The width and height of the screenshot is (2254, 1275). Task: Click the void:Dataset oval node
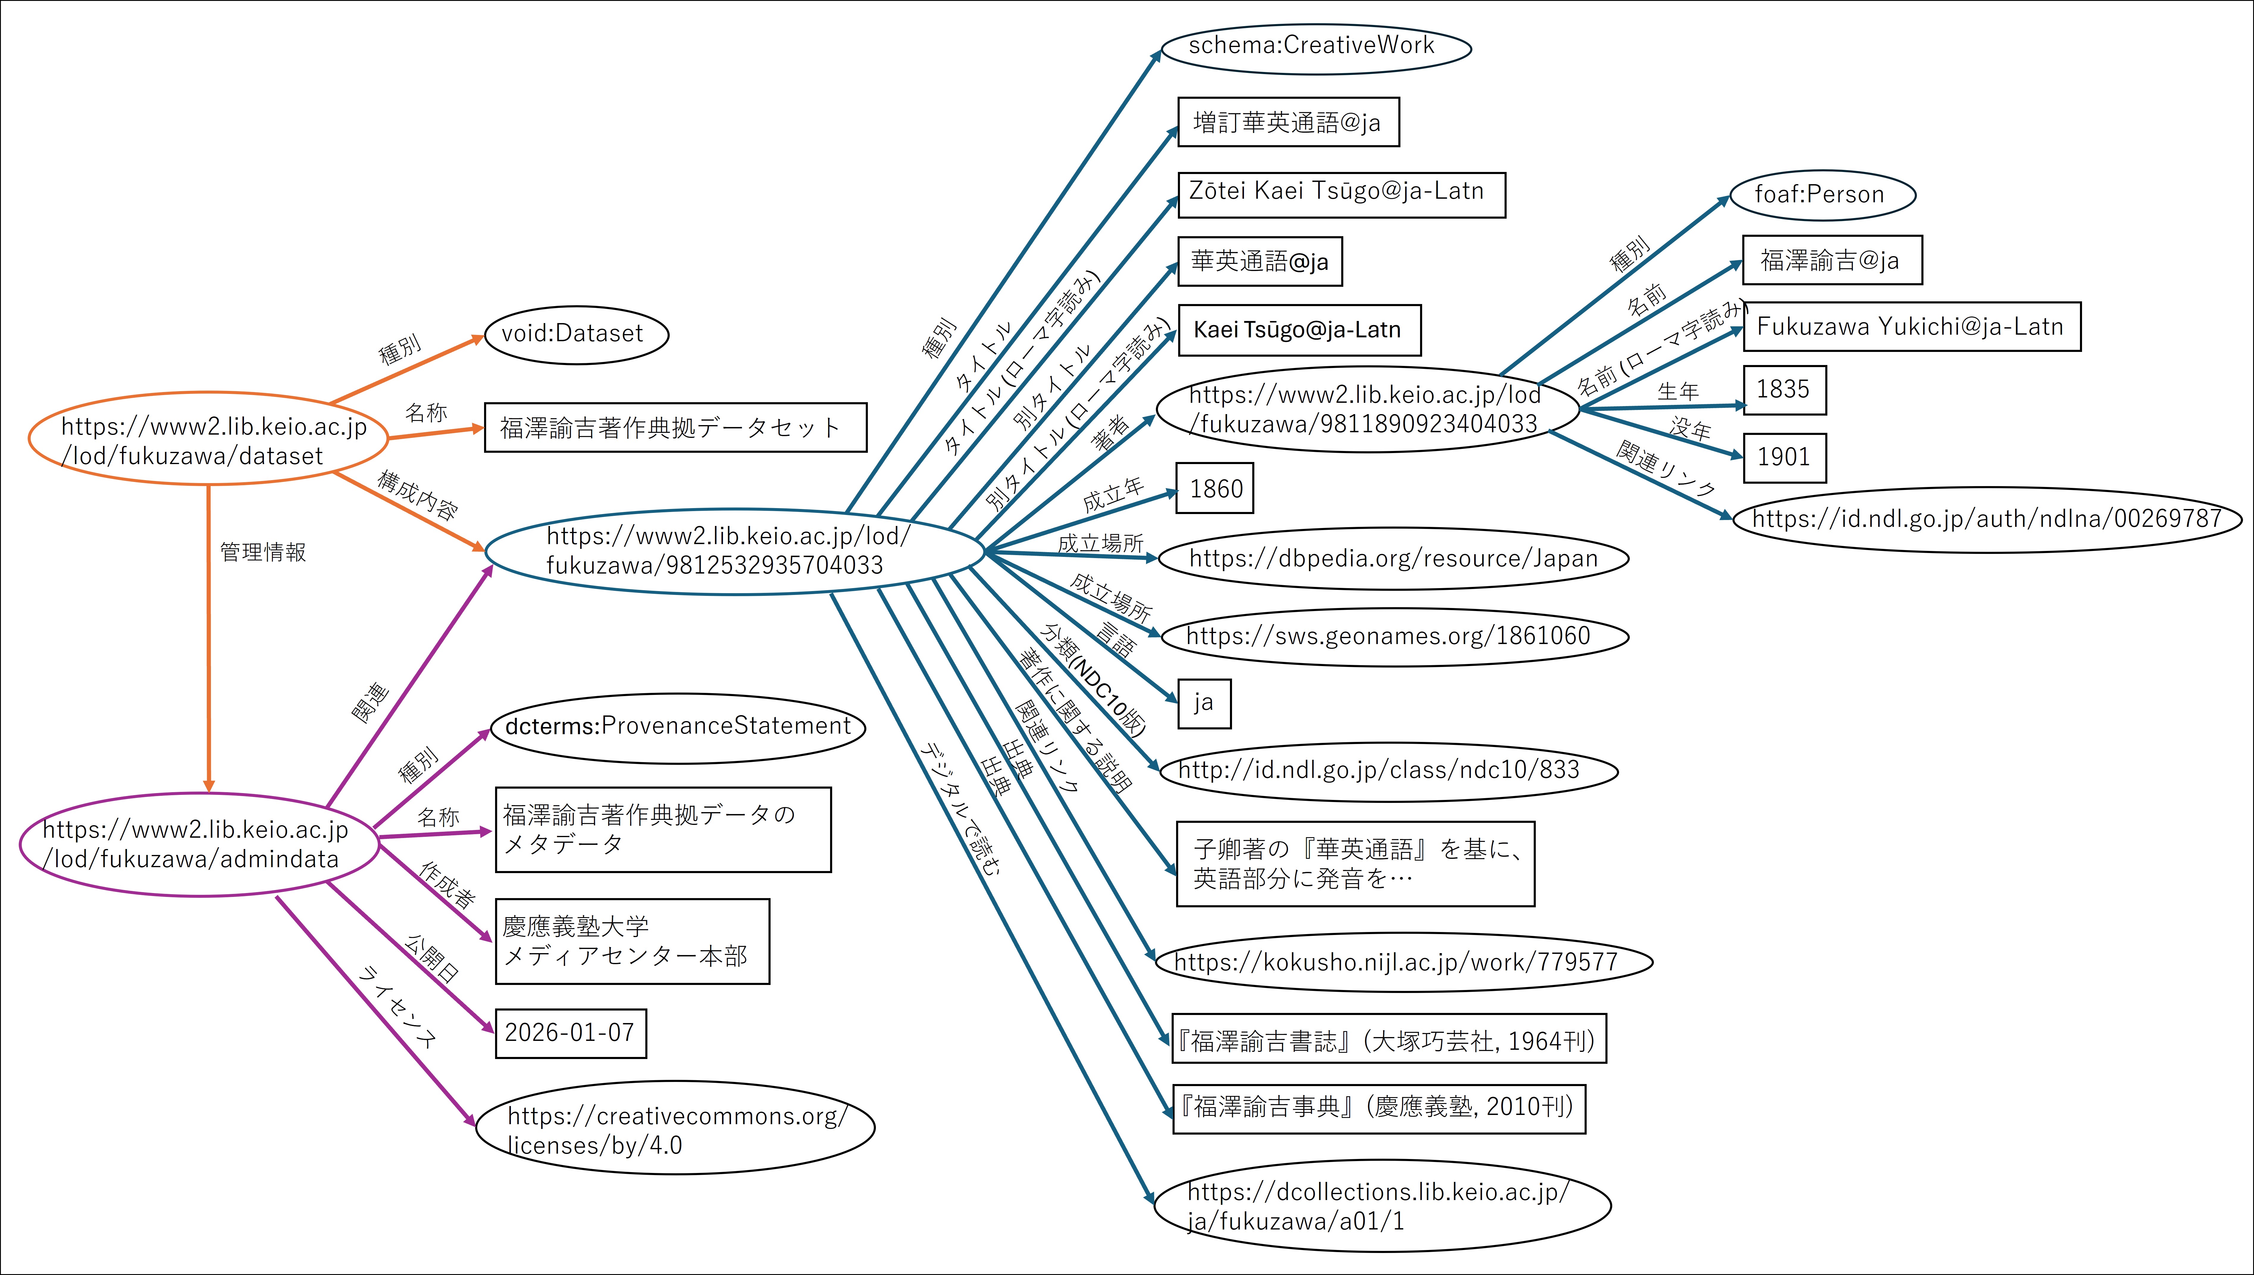pyautogui.click(x=576, y=334)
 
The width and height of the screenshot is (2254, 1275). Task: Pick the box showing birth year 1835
pyautogui.click(x=1784, y=390)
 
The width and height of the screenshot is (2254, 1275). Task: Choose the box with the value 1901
pyautogui.click(x=1784, y=457)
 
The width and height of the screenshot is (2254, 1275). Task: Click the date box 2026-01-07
pyautogui.click(x=570, y=1033)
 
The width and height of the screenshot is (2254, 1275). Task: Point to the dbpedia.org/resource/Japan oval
pyautogui.click(x=1392, y=558)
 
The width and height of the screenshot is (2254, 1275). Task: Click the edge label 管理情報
pyautogui.click(x=263, y=552)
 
